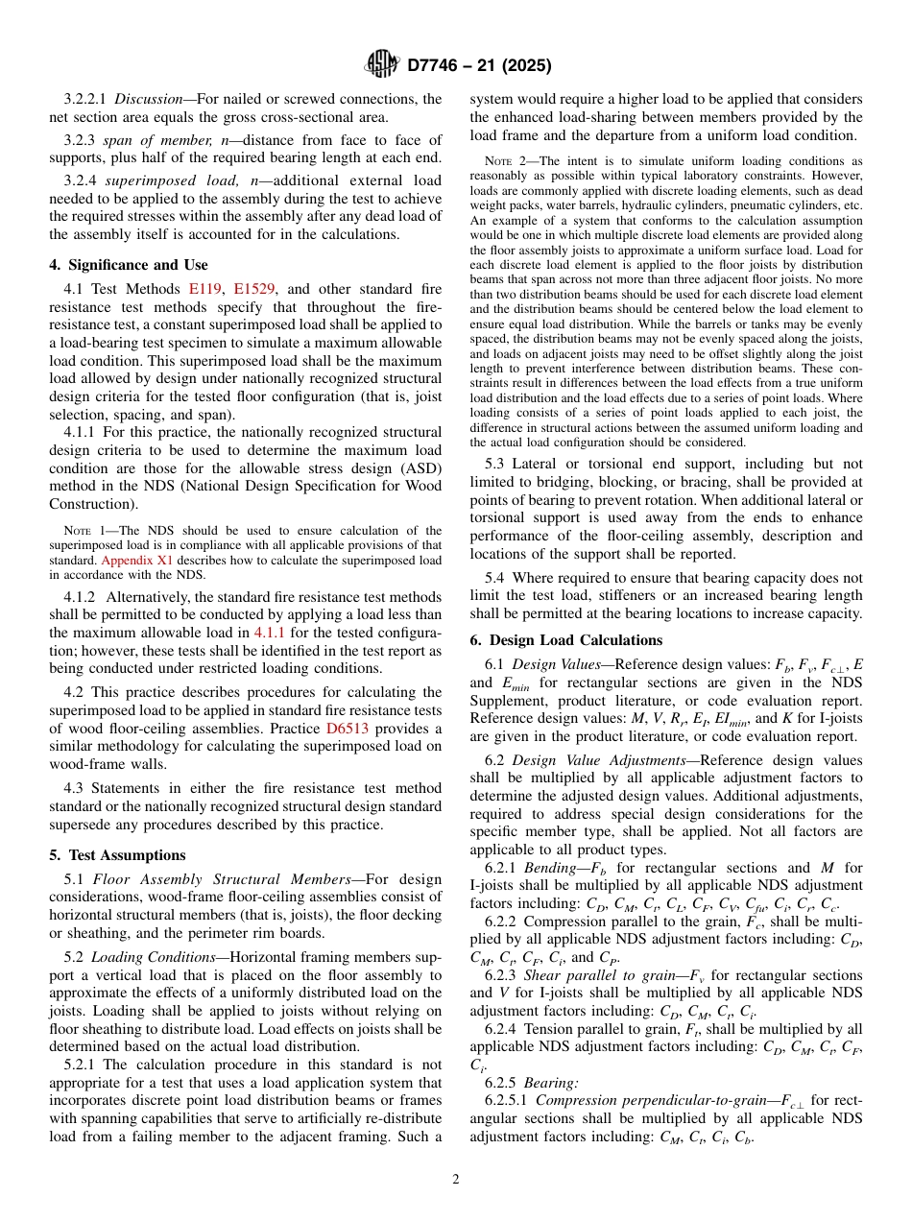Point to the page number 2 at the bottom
(456, 1180)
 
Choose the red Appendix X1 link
(127, 560)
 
